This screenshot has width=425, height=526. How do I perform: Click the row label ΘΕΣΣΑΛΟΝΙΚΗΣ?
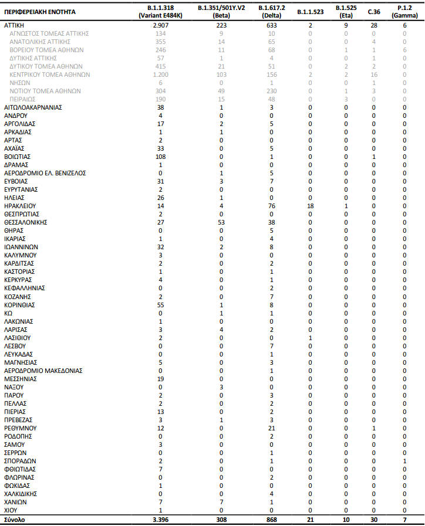pos(25,223)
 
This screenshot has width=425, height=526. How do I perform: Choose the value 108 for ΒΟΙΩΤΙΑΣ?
pos(160,157)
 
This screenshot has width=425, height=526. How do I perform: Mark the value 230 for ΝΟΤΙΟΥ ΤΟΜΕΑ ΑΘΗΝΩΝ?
pos(271,91)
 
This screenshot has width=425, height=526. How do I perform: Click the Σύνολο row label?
pos(15,520)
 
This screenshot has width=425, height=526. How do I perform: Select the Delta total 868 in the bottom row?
pos(271,520)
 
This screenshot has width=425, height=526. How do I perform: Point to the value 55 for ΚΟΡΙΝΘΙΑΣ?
pos(160,305)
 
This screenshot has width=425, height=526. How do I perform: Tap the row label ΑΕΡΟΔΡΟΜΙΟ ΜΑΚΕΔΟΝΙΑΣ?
pos(43,371)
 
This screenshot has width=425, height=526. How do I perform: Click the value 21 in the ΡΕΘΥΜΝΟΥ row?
pos(271,428)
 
